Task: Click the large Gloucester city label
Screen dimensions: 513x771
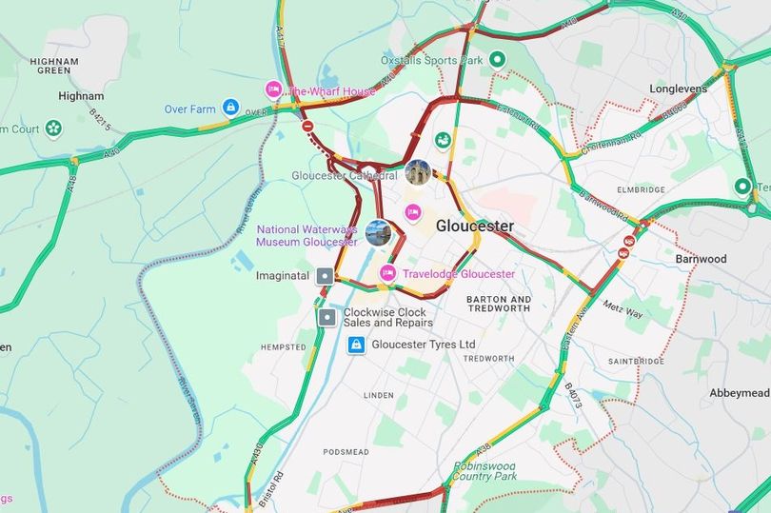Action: (x=474, y=227)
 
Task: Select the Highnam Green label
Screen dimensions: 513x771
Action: (x=53, y=67)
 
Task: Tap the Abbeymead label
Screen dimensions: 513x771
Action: (x=738, y=393)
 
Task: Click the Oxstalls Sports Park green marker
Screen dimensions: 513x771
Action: (x=497, y=61)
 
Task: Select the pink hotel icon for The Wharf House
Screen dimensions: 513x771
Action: (x=273, y=90)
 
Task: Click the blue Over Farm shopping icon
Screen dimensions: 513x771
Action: (x=229, y=108)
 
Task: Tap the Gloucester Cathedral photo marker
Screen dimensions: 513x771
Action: (x=416, y=171)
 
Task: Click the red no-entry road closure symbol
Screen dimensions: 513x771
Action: (x=306, y=125)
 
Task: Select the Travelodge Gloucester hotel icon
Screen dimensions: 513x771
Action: (x=387, y=274)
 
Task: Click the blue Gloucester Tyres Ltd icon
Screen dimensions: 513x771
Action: (x=355, y=345)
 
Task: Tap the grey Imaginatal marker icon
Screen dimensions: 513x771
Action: (x=326, y=275)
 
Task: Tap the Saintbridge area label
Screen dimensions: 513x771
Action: (x=636, y=362)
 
